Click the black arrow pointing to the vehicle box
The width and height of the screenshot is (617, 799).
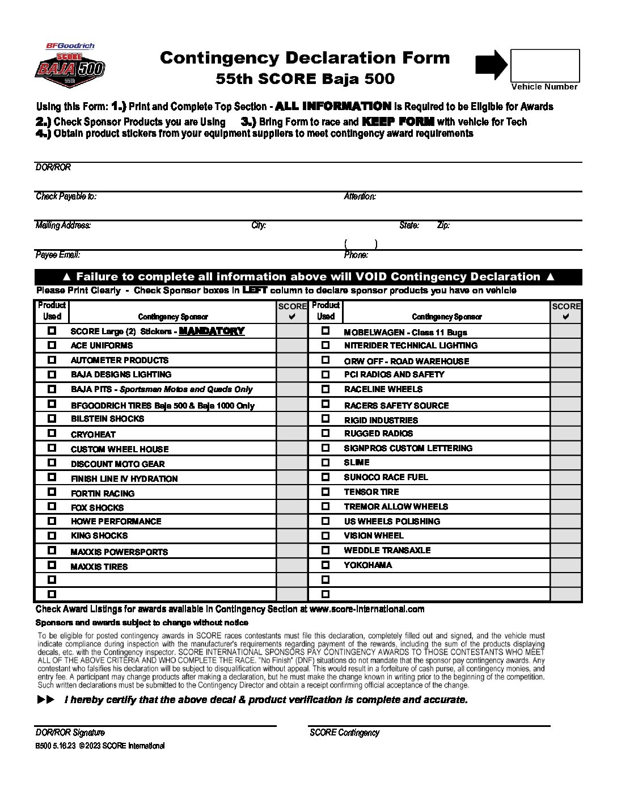[x=491, y=64]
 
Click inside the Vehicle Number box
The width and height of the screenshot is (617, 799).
[x=545, y=65]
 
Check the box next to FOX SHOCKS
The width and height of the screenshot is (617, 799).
[x=52, y=506]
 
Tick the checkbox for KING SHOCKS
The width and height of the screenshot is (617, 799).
[x=52, y=535]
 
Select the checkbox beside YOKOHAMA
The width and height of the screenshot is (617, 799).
[x=326, y=565]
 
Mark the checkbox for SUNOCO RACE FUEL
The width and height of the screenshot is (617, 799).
[x=326, y=477]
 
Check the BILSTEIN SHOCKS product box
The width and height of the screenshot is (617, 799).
[x=52, y=418]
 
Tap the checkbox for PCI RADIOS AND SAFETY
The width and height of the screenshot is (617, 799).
[x=326, y=374]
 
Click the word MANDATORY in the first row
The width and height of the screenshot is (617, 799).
[x=212, y=331]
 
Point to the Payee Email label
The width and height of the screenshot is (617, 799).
[x=58, y=255]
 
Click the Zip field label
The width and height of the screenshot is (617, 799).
[x=443, y=225]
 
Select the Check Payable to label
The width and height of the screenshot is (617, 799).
[x=66, y=196]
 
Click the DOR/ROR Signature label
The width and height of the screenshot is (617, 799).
[x=70, y=733]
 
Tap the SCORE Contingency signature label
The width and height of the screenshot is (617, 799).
[x=344, y=733]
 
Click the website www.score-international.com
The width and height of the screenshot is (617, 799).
[x=367, y=609]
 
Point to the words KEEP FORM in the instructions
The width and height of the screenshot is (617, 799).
[x=398, y=121]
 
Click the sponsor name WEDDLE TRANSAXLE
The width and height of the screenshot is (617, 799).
[x=387, y=550]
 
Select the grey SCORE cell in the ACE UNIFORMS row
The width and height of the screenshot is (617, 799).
[x=291, y=345]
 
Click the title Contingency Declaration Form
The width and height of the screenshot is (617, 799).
[x=305, y=57]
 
